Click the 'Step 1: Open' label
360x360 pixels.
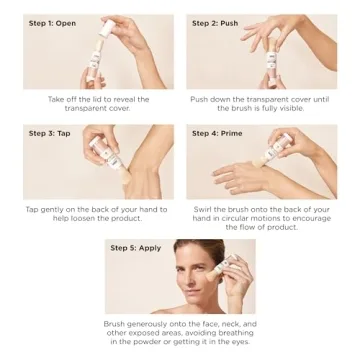[52, 23]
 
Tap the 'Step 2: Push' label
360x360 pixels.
[216, 23]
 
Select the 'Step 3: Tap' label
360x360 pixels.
[49, 133]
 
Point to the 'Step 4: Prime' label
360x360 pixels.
[217, 133]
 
